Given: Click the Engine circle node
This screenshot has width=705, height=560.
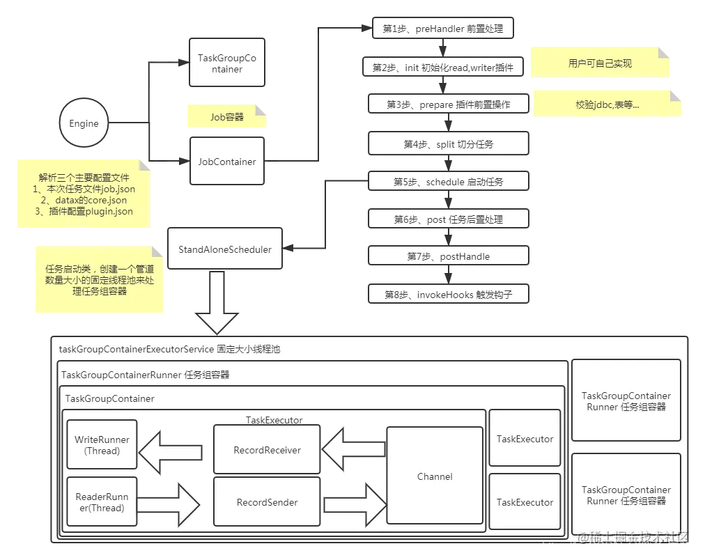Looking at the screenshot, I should click(84, 123).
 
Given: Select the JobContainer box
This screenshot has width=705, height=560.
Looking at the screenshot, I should click(227, 162).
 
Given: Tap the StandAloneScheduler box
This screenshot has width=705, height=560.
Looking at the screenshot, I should click(225, 249).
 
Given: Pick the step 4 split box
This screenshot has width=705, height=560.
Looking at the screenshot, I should click(448, 144).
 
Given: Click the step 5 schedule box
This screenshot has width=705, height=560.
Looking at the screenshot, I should click(448, 182).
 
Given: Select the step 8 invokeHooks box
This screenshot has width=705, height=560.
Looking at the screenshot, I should click(448, 295).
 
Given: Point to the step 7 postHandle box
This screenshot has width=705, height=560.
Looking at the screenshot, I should click(448, 256).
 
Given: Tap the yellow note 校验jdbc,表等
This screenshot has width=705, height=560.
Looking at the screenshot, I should click(607, 104).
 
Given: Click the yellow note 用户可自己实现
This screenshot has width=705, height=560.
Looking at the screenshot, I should click(600, 63).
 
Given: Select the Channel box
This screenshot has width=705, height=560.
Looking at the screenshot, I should click(435, 476).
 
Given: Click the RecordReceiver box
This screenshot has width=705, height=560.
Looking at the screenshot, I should click(267, 450).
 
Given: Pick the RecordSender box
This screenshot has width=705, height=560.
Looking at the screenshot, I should click(267, 502).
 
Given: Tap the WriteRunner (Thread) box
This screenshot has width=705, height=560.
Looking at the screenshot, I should click(102, 445).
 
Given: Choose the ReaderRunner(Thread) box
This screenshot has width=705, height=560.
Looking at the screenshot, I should click(102, 502).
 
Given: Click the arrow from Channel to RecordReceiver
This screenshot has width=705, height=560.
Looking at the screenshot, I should click(353, 450).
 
